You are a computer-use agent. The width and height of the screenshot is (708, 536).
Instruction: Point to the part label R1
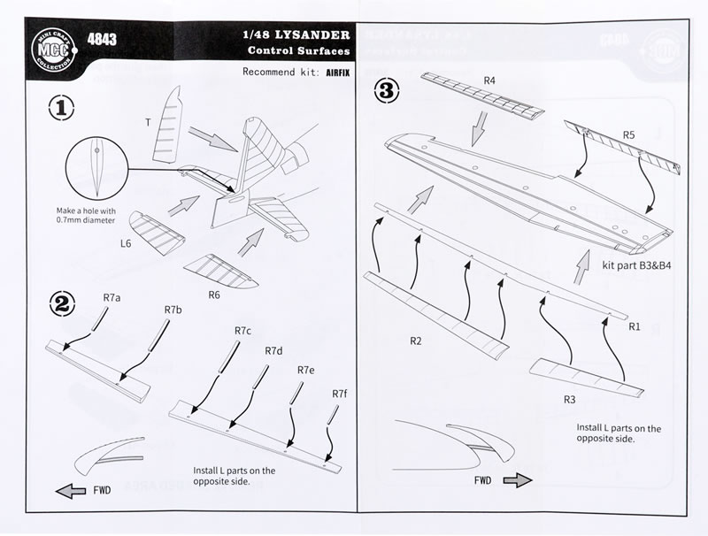click(634, 327)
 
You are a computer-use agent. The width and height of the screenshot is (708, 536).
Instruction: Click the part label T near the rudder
click(148, 123)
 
